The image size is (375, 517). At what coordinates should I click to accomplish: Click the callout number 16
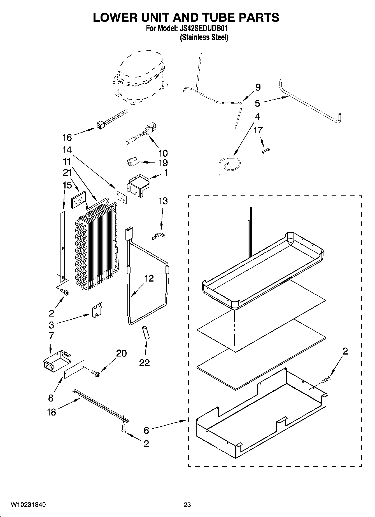[x=67, y=137]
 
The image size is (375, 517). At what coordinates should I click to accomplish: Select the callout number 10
[x=163, y=153]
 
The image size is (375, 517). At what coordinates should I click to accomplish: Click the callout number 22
[x=145, y=363]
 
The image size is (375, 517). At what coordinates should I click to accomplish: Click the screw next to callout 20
[x=96, y=373]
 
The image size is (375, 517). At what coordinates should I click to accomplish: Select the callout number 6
[x=146, y=430]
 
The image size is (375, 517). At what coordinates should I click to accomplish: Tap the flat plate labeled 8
[x=74, y=369]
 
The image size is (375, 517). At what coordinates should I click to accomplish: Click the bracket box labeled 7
[x=55, y=363]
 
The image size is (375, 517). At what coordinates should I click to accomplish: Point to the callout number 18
[x=52, y=412]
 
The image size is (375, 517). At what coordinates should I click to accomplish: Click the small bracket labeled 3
[x=97, y=310]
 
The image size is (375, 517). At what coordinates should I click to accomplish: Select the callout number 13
[x=163, y=201]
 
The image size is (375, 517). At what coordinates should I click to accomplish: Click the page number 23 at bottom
[x=187, y=505]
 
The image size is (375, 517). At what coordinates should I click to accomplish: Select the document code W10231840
[x=28, y=505]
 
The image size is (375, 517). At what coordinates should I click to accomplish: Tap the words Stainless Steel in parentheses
[x=204, y=37]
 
